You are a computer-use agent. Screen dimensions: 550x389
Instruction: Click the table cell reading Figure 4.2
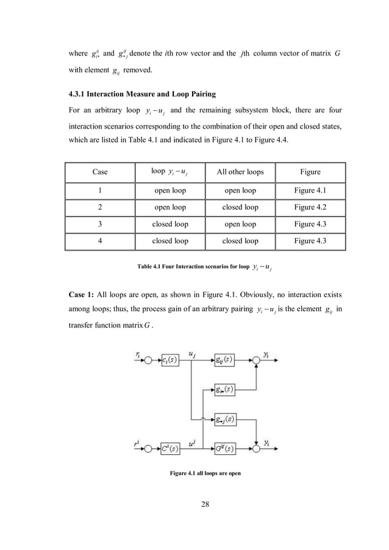[x=307, y=207]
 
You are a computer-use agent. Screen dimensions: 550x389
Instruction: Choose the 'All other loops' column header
[x=240, y=172]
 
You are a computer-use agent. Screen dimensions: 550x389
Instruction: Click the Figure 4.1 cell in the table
[x=307, y=190]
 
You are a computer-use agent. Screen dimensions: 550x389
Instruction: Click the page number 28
[x=194, y=522]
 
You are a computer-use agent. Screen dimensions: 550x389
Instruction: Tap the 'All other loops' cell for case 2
[x=240, y=207]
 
